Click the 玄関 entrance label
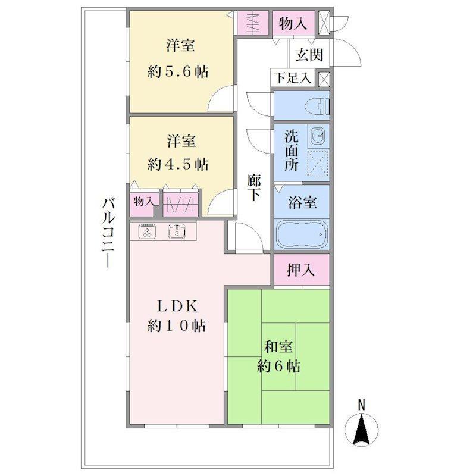(x=309, y=55)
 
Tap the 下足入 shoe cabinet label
(x=293, y=78)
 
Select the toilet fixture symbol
(x=320, y=106)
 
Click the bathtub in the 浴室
(x=302, y=234)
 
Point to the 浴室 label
(x=302, y=202)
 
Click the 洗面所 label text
(x=292, y=151)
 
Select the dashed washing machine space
(x=318, y=162)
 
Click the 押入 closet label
(x=301, y=270)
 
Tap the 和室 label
(x=278, y=347)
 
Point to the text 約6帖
(x=278, y=367)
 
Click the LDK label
(x=177, y=306)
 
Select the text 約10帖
(x=176, y=325)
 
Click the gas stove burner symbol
(x=148, y=231)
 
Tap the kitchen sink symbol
(x=177, y=231)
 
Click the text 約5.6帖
(x=178, y=72)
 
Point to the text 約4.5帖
(x=178, y=164)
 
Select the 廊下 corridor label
(x=254, y=187)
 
